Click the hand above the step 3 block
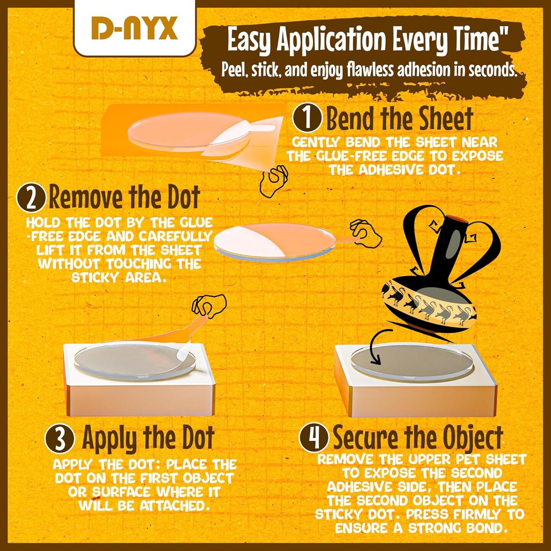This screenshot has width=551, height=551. [x=209, y=305]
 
